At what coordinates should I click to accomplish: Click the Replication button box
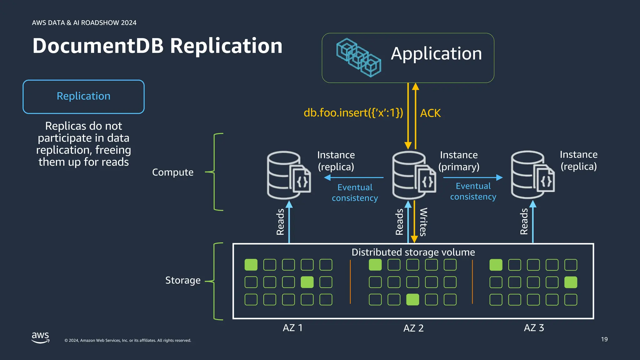pos(83,97)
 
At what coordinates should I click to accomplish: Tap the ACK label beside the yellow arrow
pos(430,113)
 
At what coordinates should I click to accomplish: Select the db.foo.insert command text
pos(353,113)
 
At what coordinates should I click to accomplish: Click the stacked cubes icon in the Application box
pos(358,57)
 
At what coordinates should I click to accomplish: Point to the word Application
pos(436,54)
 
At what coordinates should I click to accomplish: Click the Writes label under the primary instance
pos(423,222)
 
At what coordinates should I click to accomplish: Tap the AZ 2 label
pos(413,328)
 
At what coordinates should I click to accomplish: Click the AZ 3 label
pos(534,328)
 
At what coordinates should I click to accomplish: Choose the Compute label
pos(172,172)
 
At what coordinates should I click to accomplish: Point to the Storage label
pos(183,280)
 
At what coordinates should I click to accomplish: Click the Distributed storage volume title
pos(413,252)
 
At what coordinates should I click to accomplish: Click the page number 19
pos(604,339)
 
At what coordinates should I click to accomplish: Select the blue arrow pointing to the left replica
pos(353,177)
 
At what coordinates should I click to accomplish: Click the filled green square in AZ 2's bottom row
pos(412,299)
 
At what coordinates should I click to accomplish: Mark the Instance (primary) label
pos(459,161)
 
